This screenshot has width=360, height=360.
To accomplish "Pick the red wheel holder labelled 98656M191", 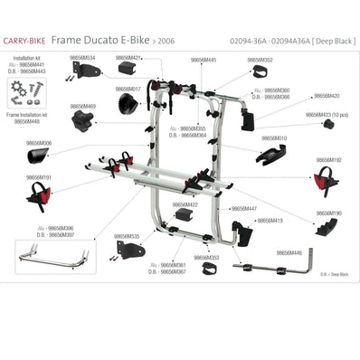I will [38, 194].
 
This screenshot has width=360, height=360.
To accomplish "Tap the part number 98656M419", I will [269, 220].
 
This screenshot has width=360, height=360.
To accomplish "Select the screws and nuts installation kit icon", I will [28, 89].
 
